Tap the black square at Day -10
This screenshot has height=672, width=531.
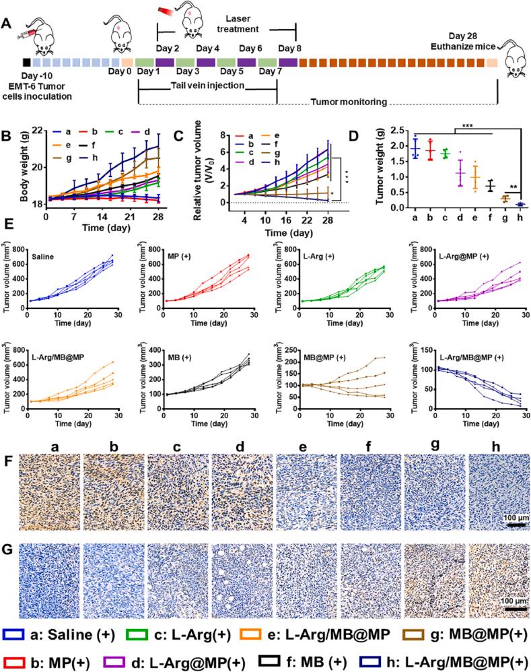tap(26, 63)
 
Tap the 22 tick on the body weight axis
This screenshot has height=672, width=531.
tap(36, 130)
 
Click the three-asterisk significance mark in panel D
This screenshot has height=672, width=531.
tap(464, 125)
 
